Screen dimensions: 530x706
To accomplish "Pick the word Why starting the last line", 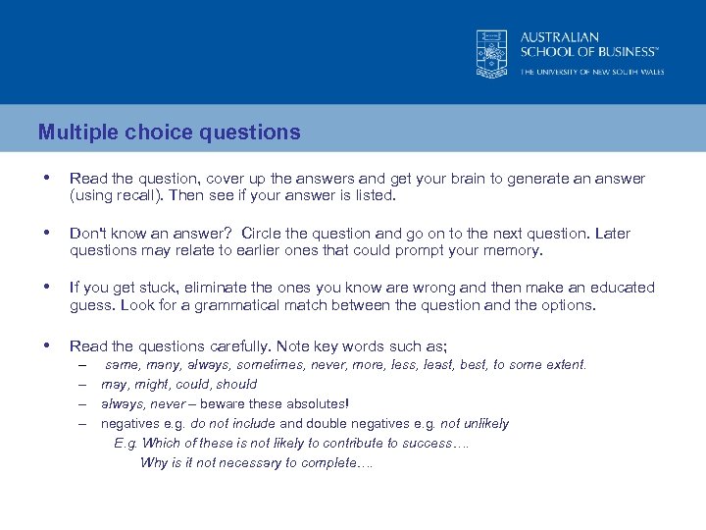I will (154, 462).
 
